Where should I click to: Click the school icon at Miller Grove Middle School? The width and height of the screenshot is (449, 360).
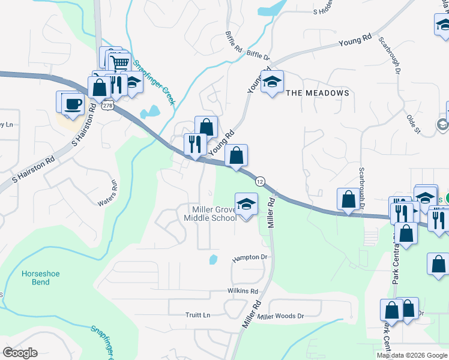click(246, 205)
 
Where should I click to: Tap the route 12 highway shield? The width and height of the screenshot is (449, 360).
click(260, 181)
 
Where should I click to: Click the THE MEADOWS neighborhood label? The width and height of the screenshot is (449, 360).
click(317, 93)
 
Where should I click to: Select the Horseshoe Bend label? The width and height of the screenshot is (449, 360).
click(35, 277)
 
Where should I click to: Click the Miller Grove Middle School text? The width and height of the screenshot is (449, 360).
click(214, 214)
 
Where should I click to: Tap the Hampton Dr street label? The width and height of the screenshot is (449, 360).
click(249, 257)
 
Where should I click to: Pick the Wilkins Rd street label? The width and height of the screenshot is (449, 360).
click(243, 291)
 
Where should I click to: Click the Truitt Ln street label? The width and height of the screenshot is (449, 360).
click(198, 314)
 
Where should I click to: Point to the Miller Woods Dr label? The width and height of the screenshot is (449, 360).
click(281, 316)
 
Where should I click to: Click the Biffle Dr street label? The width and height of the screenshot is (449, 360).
click(258, 55)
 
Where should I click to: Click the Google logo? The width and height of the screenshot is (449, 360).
click(20, 353)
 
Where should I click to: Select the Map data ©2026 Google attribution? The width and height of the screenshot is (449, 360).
click(412, 355)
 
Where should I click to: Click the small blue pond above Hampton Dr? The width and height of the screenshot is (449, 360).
click(213, 260)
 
